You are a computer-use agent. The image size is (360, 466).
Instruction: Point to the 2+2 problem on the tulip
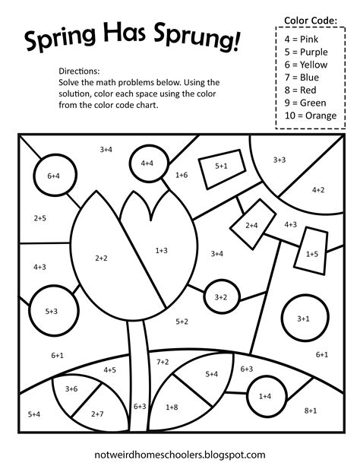tap(101, 258)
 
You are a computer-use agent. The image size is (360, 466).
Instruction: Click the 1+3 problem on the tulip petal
tap(161, 250)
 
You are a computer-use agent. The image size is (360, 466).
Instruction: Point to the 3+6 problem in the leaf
tap(71, 388)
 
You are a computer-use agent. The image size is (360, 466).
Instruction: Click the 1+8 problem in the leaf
tap(172, 407)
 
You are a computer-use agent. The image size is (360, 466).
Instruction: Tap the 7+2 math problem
tap(163, 362)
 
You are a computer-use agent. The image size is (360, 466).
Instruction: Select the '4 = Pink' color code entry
tap(301, 39)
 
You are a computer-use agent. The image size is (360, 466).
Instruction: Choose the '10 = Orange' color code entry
tap(311, 116)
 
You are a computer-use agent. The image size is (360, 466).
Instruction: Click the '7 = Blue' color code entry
tap(302, 78)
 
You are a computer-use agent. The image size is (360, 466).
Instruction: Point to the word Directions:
tap(79, 71)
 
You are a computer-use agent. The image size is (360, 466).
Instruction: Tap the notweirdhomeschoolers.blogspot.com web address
tap(180, 455)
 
